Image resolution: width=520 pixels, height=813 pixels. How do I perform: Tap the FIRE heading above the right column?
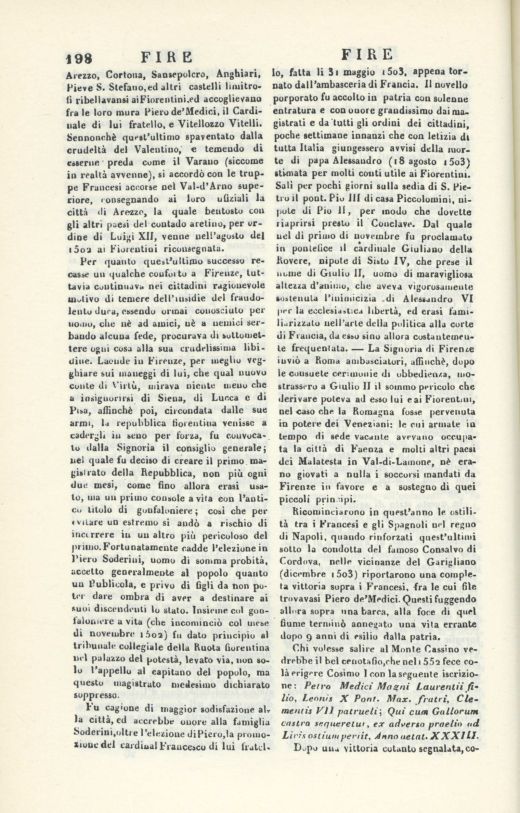pos(367,54)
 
